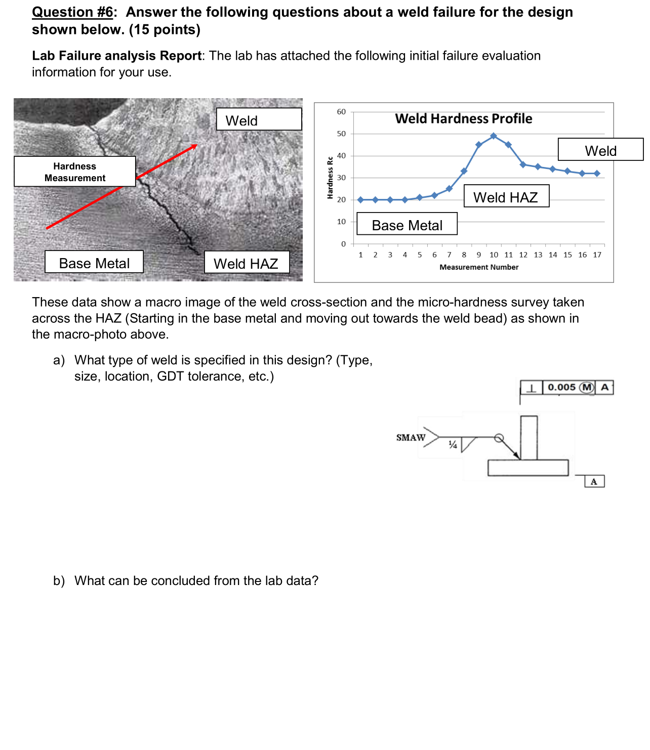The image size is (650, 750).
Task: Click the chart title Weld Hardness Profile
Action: (x=463, y=118)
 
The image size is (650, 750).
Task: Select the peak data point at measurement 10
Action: (x=494, y=136)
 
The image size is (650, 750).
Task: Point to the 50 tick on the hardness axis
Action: (x=341, y=134)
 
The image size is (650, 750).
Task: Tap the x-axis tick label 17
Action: (x=597, y=255)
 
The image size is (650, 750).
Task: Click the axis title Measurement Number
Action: (x=479, y=267)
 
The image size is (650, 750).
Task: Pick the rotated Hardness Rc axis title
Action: (x=330, y=178)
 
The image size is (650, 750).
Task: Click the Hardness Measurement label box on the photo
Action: (x=75, y=172)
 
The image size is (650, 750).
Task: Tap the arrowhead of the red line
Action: (x=194, y=146)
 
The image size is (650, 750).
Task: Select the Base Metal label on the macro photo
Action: (x=94, y=263)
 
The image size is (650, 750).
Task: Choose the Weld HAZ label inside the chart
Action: (x=506, y=197)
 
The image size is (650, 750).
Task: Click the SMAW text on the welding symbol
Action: (x=411, y=437)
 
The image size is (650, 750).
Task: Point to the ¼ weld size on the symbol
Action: (x=453, y=445)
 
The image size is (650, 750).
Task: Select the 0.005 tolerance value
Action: (x=561, y=387)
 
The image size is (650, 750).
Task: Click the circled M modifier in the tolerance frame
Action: (x=587, y=387)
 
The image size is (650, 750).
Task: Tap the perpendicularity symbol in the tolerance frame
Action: (x=531, y=388)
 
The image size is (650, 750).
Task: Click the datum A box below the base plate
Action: (x=594, y=481)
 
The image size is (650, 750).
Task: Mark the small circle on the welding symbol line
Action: (x=499, y=438)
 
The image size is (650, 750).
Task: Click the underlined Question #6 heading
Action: (x=73, y=12)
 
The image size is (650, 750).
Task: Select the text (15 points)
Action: (x=165, y=30)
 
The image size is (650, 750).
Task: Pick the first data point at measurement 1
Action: (x=360, y=200)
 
